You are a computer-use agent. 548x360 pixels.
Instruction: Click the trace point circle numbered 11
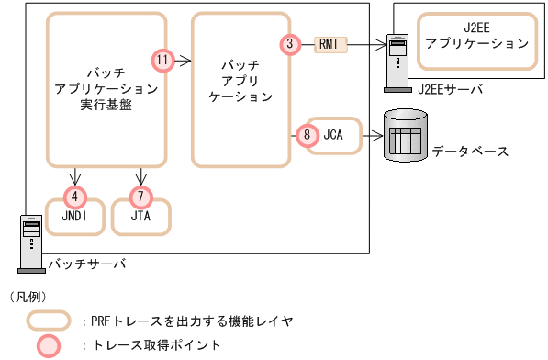coord(162,61)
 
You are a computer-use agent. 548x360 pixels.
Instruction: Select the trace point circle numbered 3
coord(290,43)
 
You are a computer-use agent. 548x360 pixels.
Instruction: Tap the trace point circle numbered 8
coord(307,134)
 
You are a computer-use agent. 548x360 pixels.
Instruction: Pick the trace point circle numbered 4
coord(74,196)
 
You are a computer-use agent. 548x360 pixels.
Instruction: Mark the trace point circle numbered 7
coord(140,196)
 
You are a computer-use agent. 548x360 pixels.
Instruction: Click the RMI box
coord(328,43)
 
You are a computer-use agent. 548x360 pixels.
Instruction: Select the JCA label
coord(333,134)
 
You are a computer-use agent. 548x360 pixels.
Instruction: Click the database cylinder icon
coord(404,136)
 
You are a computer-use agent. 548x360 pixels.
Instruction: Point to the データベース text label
coord(469,151)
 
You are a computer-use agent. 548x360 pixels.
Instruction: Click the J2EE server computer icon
coord(397,62)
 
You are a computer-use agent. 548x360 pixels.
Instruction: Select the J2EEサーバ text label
coord(449,89)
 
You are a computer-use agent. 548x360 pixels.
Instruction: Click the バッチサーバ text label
coord(87,264)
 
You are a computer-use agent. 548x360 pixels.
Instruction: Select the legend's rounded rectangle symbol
coord(49,321)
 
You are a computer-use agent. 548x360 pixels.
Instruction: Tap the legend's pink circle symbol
coord(49,345)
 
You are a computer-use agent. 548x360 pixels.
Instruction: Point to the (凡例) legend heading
coord(27,297)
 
